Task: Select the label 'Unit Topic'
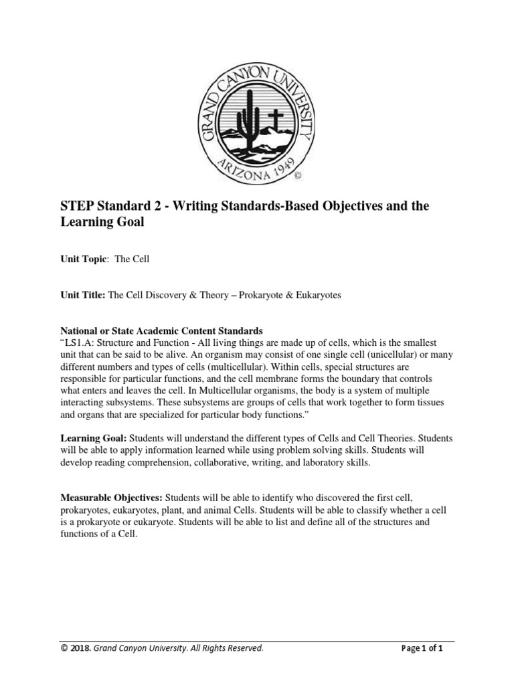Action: tap(84, 259)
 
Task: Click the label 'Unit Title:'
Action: tap(83, 295)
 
